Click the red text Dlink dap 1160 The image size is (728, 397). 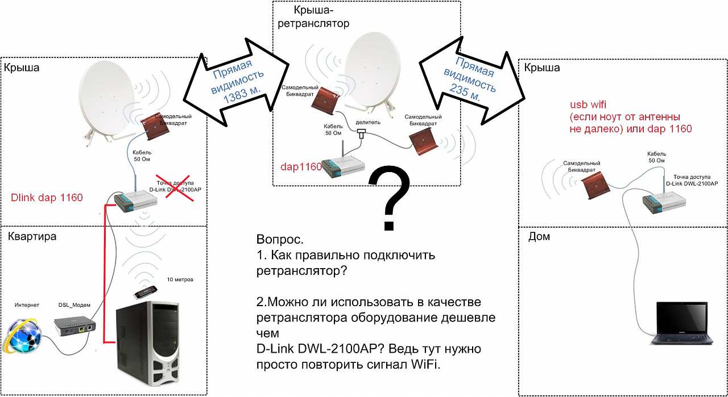click(x=47, y=198)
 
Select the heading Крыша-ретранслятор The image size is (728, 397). click(x=321, y=17)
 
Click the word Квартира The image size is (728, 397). click(x=32, y=236)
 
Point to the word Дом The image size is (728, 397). click(x=539, y=236)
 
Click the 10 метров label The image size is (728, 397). click(x=180, y=280)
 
